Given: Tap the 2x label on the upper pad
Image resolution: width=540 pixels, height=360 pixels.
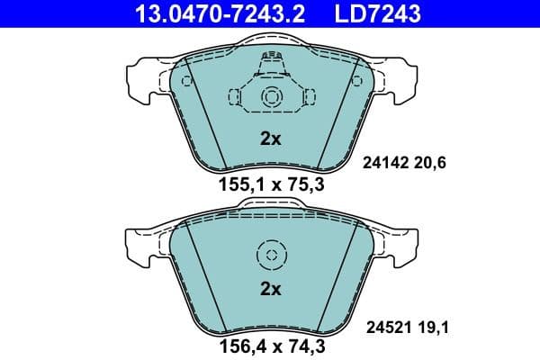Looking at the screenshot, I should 270,139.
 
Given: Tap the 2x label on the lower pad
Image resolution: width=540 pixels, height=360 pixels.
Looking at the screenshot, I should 270,289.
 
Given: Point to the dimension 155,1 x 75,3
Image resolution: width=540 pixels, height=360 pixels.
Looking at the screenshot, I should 270,186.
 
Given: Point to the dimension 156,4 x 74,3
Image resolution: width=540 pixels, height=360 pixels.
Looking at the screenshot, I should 270,342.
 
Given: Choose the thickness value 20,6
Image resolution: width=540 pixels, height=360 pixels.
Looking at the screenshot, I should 430,163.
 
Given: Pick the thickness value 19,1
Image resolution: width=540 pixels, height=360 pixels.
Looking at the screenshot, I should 430,329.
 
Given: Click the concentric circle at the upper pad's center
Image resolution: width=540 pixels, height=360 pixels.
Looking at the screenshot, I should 270,98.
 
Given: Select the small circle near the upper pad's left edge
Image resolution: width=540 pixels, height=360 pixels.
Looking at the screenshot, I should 186,80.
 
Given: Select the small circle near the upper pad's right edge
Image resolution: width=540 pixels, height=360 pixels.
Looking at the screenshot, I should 355,80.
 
